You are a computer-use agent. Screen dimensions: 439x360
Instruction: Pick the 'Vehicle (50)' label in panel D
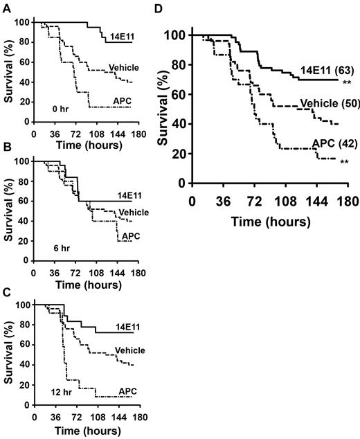(x=326, y=105)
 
